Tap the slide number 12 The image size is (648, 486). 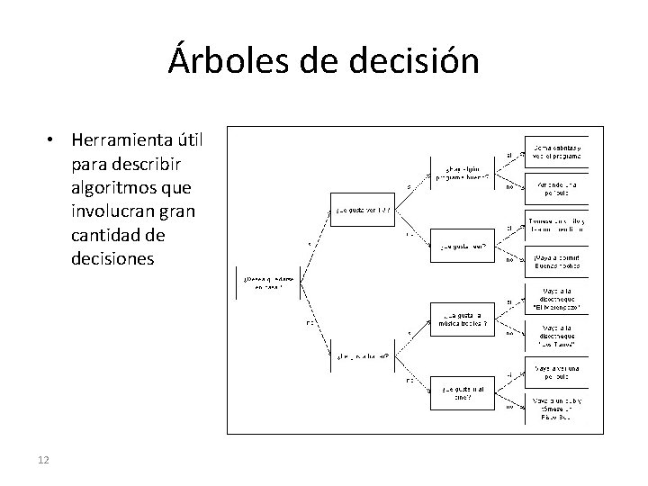[x=43, y=461]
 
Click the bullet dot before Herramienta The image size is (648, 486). [x=56, y=140]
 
